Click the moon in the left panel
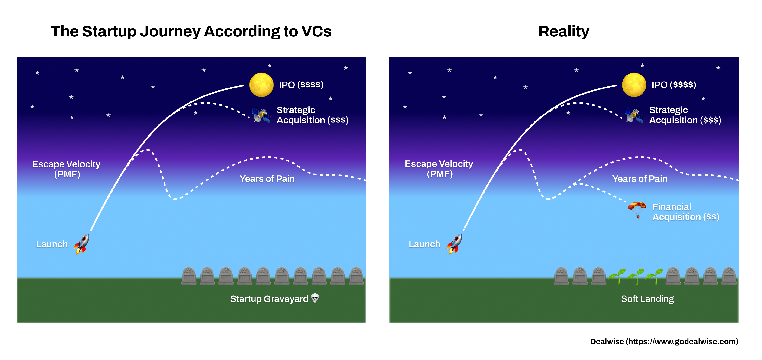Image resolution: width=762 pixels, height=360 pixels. (x=261, y=85)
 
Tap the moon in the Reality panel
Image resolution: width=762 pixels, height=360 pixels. (x=634, y=85)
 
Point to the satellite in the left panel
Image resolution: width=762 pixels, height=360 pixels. (x=261, y=115)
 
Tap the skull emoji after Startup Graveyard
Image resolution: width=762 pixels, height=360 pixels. (x=315, y=298)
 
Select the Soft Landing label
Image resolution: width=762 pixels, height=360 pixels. (x=647, y=299)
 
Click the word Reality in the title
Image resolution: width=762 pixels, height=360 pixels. (x=564, y=31)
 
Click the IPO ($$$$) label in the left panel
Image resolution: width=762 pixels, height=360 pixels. (x=301, y=85)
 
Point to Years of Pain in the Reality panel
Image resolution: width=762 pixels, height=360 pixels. (x=640, y=179)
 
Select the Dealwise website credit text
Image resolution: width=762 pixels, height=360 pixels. (x=664, y=341)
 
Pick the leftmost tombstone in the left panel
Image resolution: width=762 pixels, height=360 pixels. (x=189, y=276)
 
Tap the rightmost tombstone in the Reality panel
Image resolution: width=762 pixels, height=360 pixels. (x=729, y=276)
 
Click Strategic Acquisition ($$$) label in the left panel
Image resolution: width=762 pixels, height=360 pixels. (x=312, y=115)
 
